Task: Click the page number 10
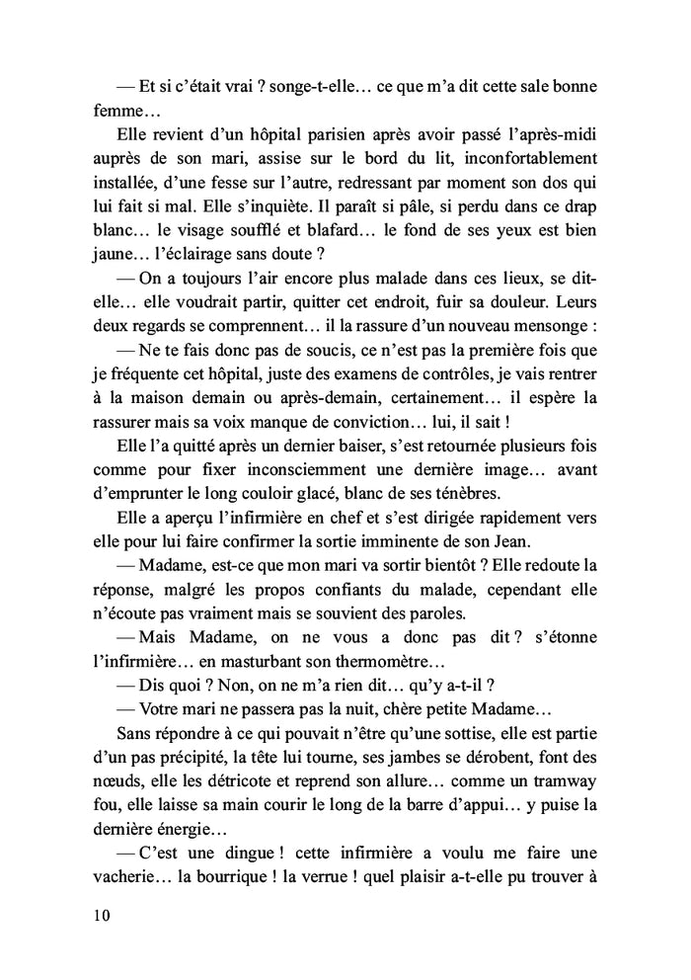(x=97, y=915)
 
